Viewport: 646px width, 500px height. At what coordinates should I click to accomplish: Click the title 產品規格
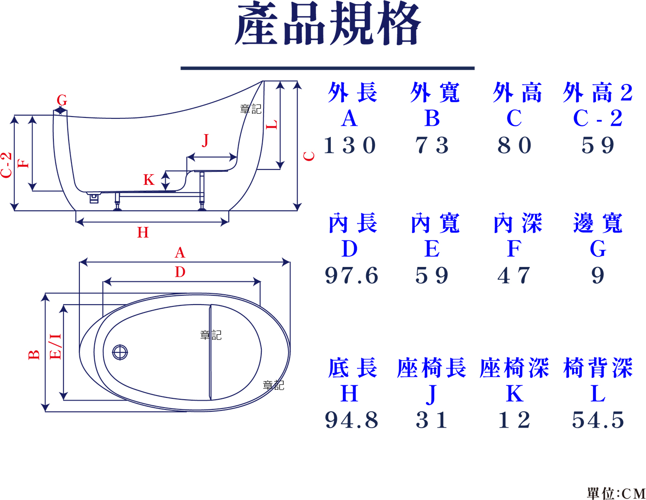pyautogui.click(x=328, y=23)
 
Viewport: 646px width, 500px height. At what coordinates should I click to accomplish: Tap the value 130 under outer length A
pyautogui.click(x=350, y=145)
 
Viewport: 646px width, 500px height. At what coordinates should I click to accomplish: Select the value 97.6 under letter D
pyautogui.click(x=351, y=275)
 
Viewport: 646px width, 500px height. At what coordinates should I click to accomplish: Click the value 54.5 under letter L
pyautogui.click(x=598, y=420)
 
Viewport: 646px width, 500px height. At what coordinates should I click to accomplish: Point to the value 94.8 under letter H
pyautogui.click(x=351, y=420)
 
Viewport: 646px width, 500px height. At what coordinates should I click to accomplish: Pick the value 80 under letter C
pyautogui.click(x=514, y=145)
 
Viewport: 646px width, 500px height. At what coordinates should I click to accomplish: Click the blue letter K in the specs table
pyautogui.click(x=515, y=394)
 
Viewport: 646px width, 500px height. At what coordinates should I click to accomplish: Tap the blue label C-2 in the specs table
pyautogui.click(x=598, y=118)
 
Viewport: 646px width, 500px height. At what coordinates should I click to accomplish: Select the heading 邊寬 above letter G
pyautogui.click(x=598, y=223)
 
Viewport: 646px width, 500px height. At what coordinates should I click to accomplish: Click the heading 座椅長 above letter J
pyautogui.click(x=432, y=368)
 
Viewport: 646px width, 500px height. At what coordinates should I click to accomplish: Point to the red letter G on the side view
pyautogui.click(x=62, y=100)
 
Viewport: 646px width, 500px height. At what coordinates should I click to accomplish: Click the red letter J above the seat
pyautogui.click(x=205, y=140)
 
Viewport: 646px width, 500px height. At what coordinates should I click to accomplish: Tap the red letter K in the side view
pyautogui.click(x=149, y=180)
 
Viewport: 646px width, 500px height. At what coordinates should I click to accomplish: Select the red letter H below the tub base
pyautogui.click(x=142, y=233)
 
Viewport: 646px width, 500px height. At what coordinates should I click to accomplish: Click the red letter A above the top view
pyautogui.click(x=180, y=253)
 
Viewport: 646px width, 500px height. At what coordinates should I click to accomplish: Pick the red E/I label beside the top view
pyautogui.click(x=55, y=346)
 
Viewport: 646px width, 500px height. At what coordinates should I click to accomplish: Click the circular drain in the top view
pyautogui.click(x=120, y=352)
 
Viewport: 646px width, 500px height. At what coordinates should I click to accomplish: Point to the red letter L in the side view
pyautogui.click(x=271, y=124)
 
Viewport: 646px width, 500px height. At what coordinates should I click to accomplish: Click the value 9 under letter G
pyautogui.click(x=598, y=275)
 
